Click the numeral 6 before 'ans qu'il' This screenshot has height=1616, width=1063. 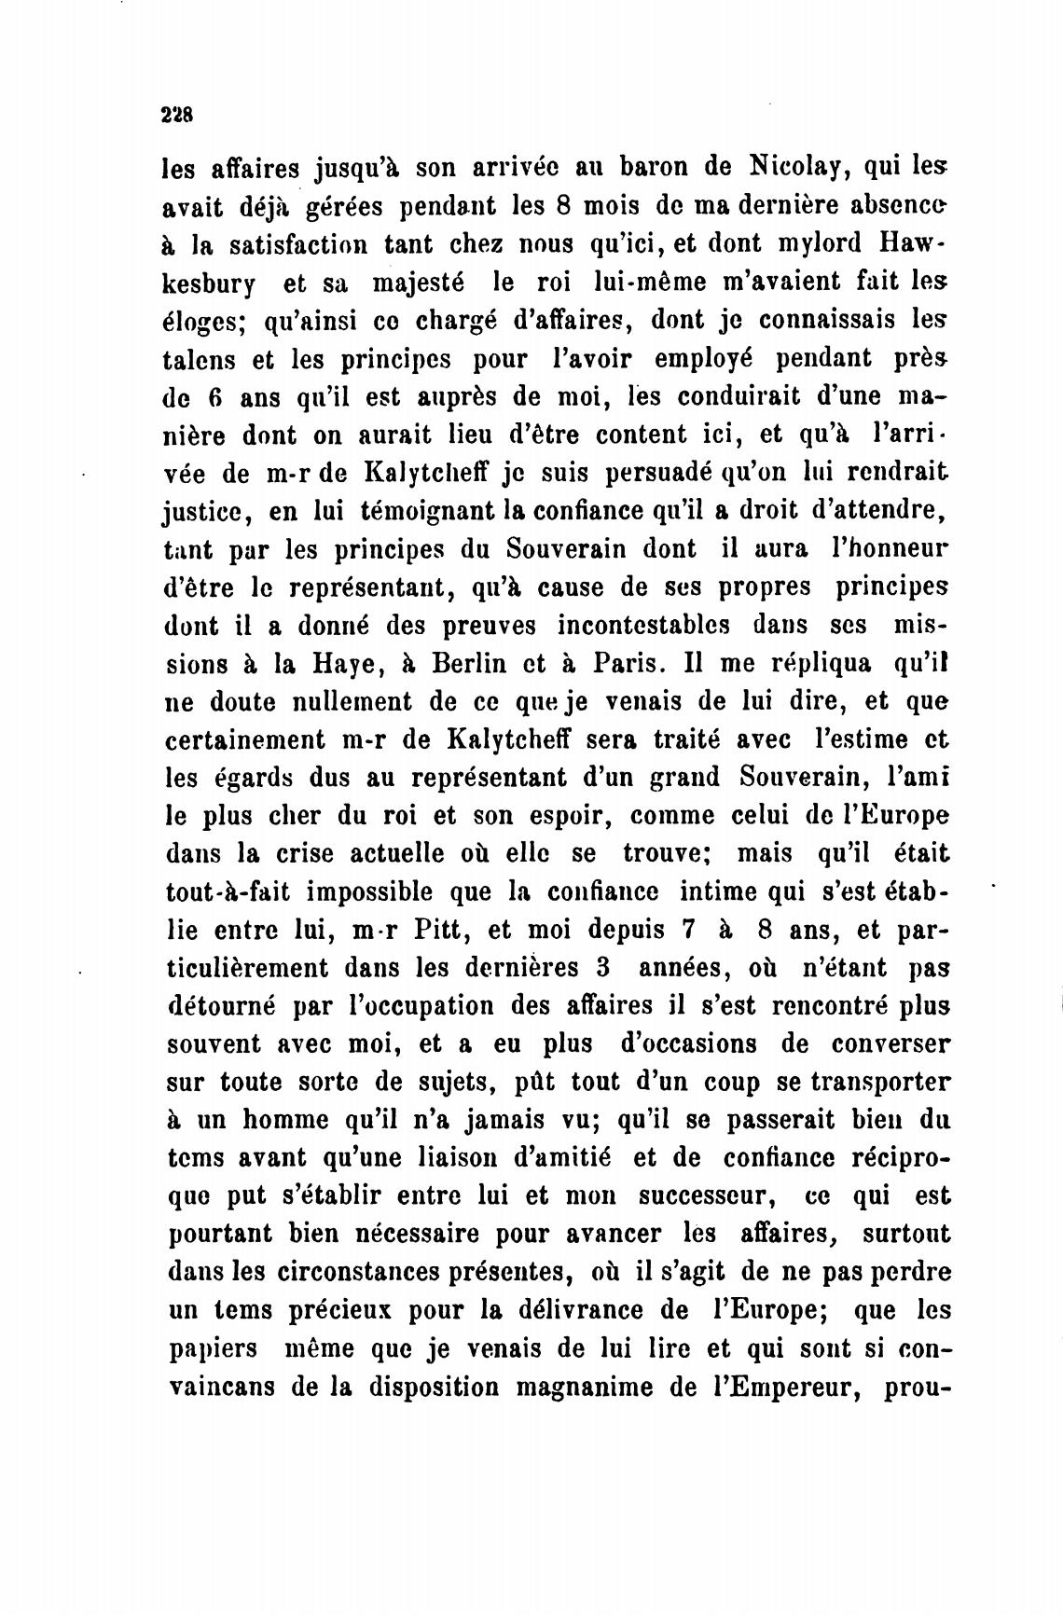pos(214,397)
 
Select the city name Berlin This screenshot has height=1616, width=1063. pos(469,664)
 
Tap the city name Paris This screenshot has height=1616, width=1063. pos(628,664)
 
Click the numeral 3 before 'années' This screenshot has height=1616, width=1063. pos(603,968)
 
